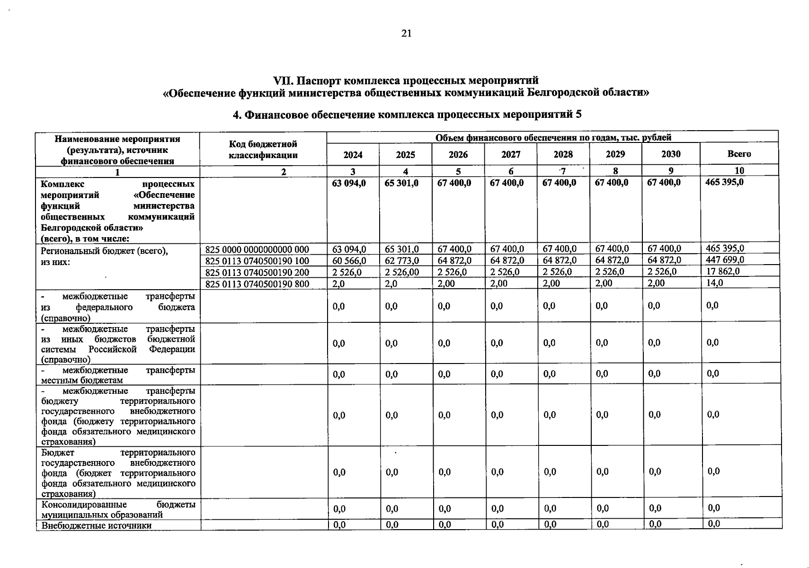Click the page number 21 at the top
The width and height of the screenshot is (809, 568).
(x=406, y=33)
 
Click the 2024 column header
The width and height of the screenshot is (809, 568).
(x=353, y=155)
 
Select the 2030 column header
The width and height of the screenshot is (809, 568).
(x=671, y=154)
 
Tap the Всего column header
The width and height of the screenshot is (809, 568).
(x=739, y=154)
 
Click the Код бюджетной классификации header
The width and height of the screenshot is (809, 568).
(x=263, y=149)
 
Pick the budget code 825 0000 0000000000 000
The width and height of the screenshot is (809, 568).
(x=257, y=249)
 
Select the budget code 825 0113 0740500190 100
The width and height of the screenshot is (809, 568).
(x=257, y=261)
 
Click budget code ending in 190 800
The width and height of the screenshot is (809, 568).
(x=257, y=284)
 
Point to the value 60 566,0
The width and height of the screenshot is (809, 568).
(x=349, y=260)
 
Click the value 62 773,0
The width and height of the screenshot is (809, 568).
(x=402, y=260)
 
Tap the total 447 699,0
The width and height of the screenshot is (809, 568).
(x=725, y=259)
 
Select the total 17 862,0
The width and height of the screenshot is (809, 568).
(x=722, y=271)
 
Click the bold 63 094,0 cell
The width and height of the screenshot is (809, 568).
(x=349, y=183)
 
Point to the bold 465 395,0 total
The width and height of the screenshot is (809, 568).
(x=724, y=182)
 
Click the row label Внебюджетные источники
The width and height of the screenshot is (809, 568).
(x=97, y=525)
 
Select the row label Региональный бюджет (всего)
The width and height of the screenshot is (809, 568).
(x=104, y=251)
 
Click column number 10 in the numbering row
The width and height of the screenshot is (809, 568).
(x=739, y=170)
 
